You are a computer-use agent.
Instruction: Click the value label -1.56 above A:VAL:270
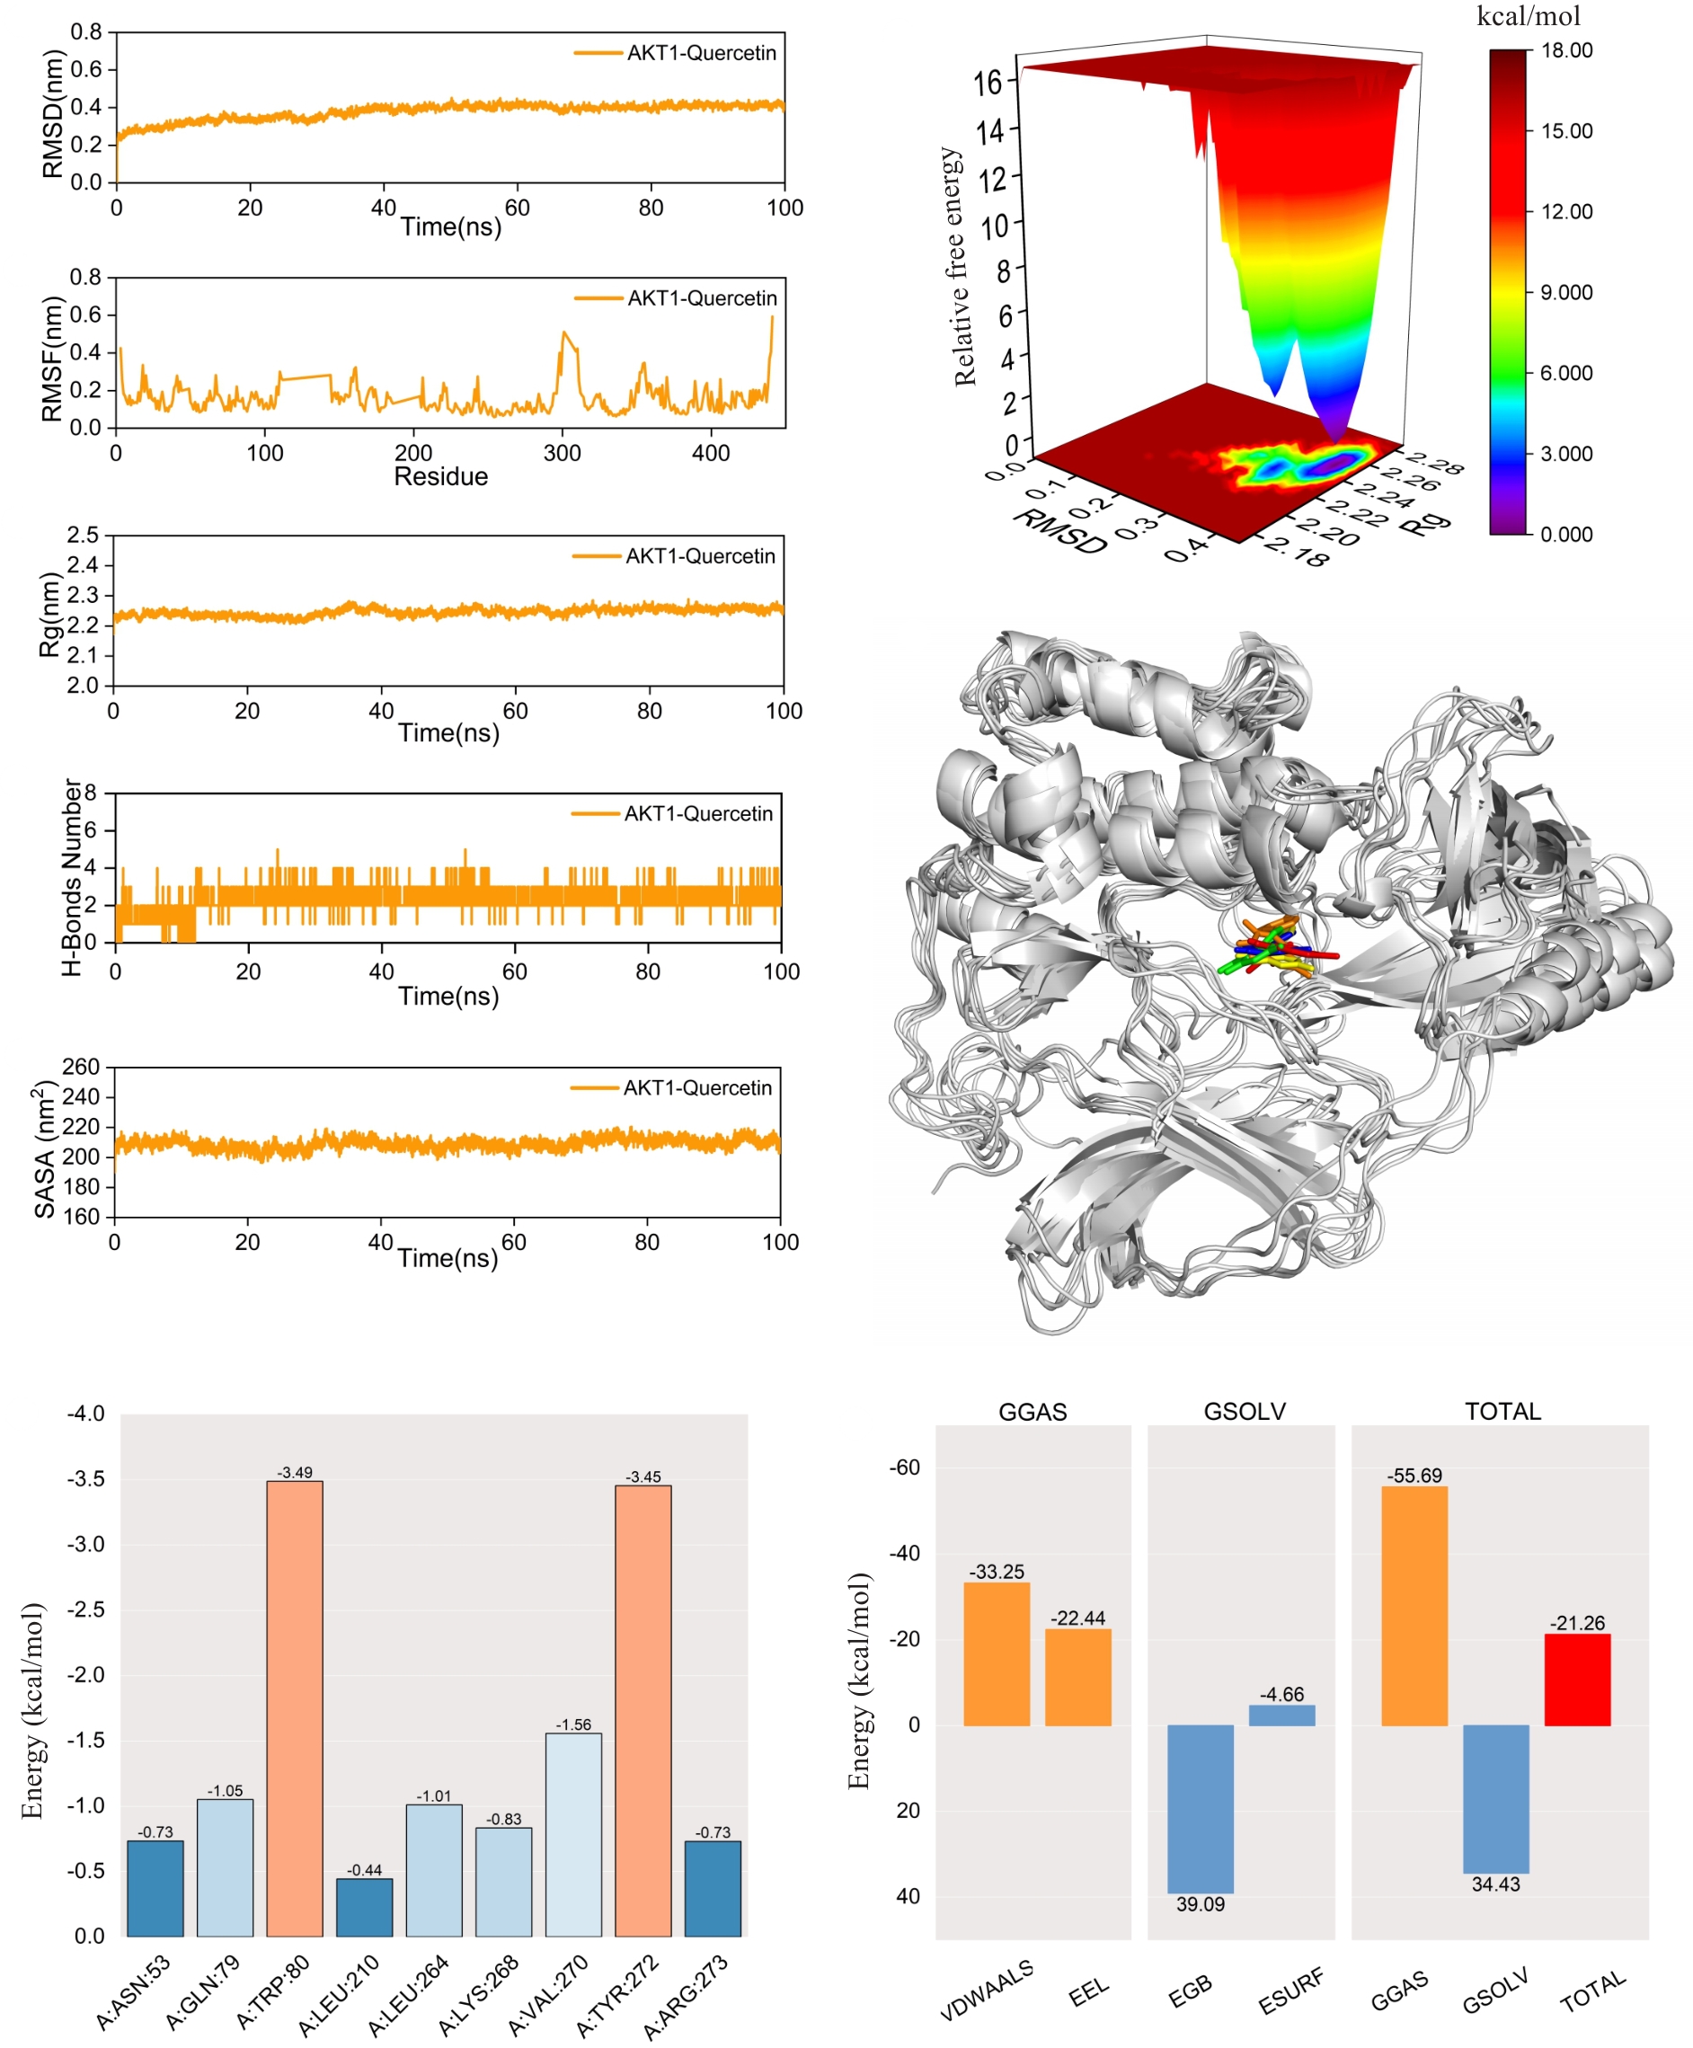click(573, 1724)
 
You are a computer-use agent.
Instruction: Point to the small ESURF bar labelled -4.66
click(1281, 1716)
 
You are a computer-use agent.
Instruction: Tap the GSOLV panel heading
click(1245, 1411)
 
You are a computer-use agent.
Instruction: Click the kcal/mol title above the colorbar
click(1529, 16)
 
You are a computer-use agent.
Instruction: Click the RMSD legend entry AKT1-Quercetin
click(701, 53)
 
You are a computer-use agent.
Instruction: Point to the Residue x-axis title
click(441, 477)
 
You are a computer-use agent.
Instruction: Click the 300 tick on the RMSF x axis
click(563, 454)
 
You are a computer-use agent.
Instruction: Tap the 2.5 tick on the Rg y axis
click(83, 536)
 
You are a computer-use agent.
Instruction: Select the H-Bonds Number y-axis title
click(72, 878)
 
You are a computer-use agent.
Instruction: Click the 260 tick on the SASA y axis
click(81, 1067)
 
